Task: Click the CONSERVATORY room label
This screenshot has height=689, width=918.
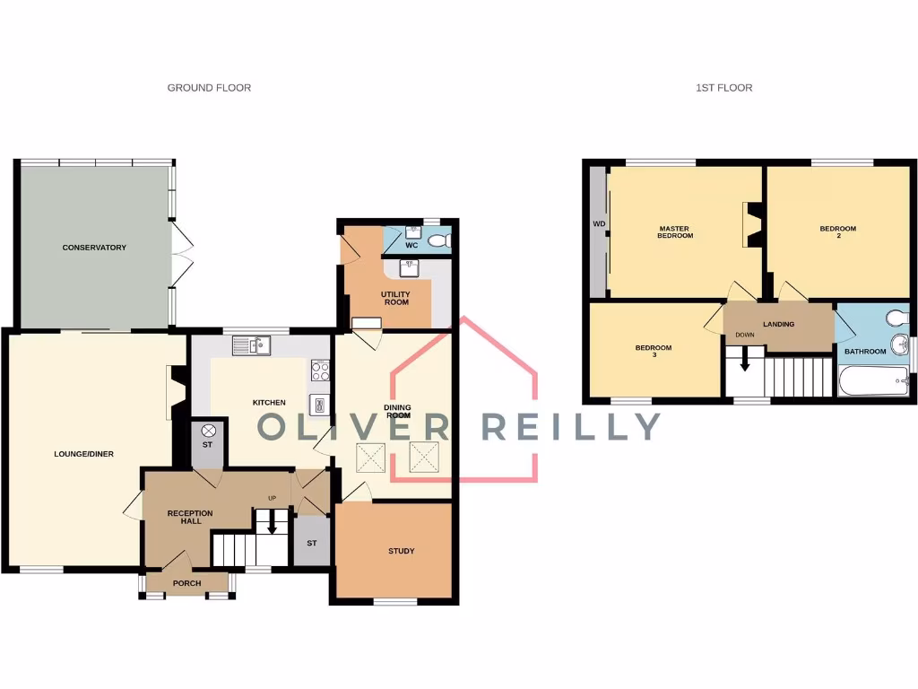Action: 94,247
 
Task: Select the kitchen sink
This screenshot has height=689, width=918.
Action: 251,344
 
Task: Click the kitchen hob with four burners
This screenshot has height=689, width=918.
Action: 320,371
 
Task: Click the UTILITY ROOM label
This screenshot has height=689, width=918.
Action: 394,298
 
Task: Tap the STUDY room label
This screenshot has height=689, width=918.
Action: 401,551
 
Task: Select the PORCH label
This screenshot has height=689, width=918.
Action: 187,583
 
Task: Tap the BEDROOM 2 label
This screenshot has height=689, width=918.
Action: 837,232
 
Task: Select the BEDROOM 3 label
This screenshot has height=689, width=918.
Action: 653,351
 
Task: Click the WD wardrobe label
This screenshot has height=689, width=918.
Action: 596,224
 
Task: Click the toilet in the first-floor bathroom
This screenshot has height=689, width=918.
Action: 895,318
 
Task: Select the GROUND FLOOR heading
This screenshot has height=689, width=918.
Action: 209,88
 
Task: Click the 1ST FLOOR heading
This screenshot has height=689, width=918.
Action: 723,88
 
